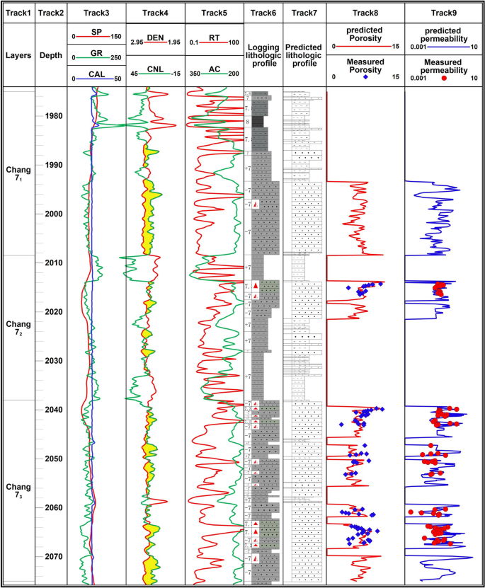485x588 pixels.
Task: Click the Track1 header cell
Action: tap(17, 12)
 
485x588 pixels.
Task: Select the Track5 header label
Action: tap(214, 12)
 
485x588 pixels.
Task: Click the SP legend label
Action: tap(97, 33)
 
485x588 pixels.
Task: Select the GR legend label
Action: tap(97, 53)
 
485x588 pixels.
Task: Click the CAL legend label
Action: tap(97, 74)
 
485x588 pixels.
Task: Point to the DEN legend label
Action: tap(155, 38)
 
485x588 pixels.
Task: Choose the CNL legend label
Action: tap(155, 69)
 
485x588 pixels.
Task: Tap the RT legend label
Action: tap(214, 38)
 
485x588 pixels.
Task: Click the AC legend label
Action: tap(214, 69)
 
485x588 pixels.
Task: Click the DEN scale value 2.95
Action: tap(138, 42)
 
